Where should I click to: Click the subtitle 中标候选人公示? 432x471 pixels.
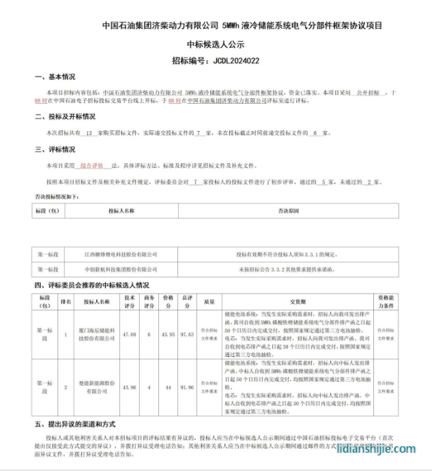[216, 43]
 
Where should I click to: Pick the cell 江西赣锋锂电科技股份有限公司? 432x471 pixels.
[121, 253]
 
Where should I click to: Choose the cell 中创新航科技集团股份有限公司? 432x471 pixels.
[121, 270]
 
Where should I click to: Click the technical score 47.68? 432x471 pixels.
[129, 334]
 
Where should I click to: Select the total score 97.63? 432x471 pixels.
[187, 334]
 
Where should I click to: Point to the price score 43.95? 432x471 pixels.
[168, 334]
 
